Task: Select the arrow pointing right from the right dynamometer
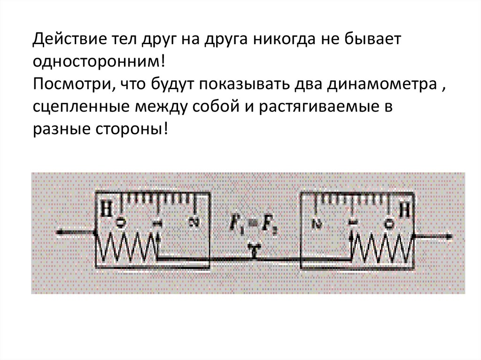point(434,237)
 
